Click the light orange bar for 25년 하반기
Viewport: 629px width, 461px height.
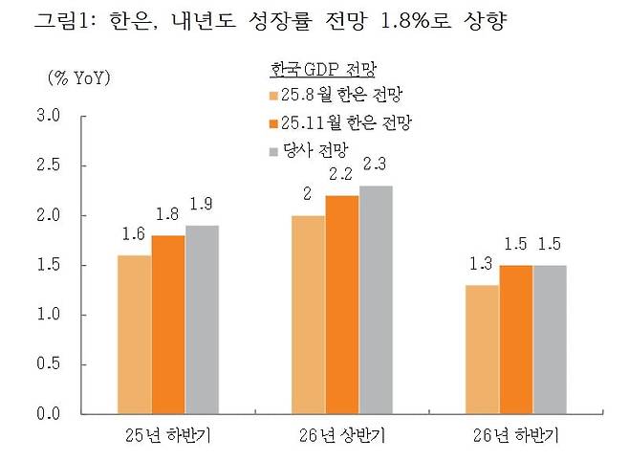pyautogui.click(x=134, y=335)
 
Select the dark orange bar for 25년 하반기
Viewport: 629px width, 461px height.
pyautogui.click(x=168, y=324)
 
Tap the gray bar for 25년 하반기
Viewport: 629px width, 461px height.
pyautogui.click(x=203, y=319)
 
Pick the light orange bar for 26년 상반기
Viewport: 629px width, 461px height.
pyautogui.click(x=308, y=315)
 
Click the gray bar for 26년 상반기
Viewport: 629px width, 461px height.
pyautogui.click(x=377, y=299)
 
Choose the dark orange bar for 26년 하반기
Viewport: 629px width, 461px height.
pyautogui.click(x=515, y=340)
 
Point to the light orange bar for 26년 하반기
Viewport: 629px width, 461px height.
pyautogui.click(x=481, y=349)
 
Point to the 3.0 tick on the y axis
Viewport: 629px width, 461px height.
pyautogui.click(x=49, y=117)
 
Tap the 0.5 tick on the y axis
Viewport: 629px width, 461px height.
pyautogui.click(x=49, y=364)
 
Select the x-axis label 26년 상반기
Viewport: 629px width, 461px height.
pyautogui.click(x=342, y=437)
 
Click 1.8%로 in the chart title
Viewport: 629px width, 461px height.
pyautogui.click(x=409, y=20)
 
